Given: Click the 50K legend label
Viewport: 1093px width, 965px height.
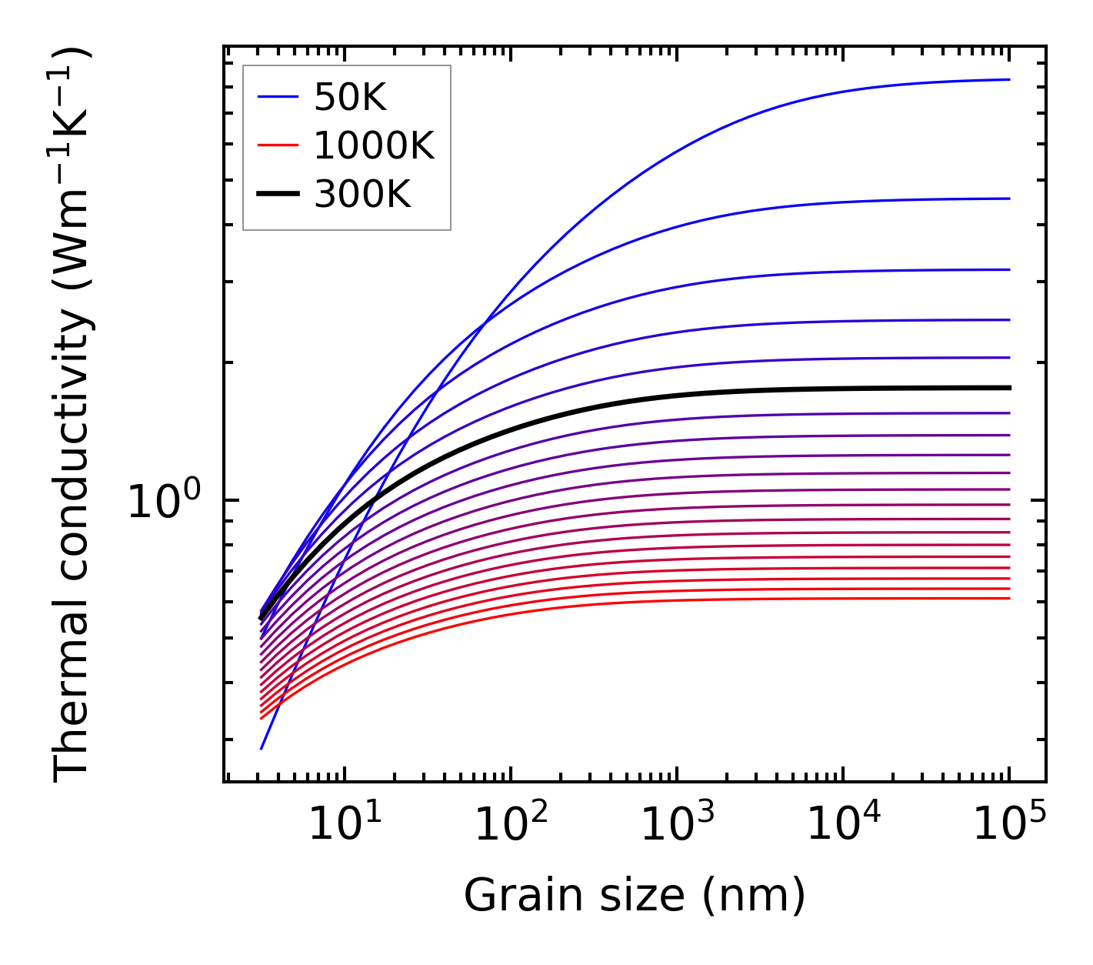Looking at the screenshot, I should point(349,98).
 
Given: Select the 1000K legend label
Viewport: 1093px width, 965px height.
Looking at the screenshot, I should point(374,145).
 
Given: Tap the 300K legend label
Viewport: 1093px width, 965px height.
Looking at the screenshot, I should point(362,195).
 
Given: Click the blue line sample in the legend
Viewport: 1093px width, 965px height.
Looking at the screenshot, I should point(277,97).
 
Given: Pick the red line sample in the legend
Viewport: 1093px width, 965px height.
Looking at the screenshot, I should point(277,145).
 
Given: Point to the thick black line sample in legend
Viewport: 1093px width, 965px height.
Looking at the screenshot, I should point(277,195).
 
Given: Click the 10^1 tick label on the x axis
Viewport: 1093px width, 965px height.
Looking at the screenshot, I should point(344,825).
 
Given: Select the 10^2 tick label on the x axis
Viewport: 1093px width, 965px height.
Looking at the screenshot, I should point(510,825).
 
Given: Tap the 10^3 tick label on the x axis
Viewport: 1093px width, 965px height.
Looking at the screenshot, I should point(676,825).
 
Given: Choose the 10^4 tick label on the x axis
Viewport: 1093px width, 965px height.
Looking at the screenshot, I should point(842,825).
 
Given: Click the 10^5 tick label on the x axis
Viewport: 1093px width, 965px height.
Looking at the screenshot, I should point(1008,825).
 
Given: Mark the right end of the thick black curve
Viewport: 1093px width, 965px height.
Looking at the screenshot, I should point(1008,388).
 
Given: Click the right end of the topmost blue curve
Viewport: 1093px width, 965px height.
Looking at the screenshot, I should point(1008,79).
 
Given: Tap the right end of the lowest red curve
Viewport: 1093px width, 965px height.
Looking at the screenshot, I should point(1008,598).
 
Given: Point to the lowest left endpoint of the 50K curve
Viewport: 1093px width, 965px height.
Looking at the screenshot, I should point(262,748).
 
